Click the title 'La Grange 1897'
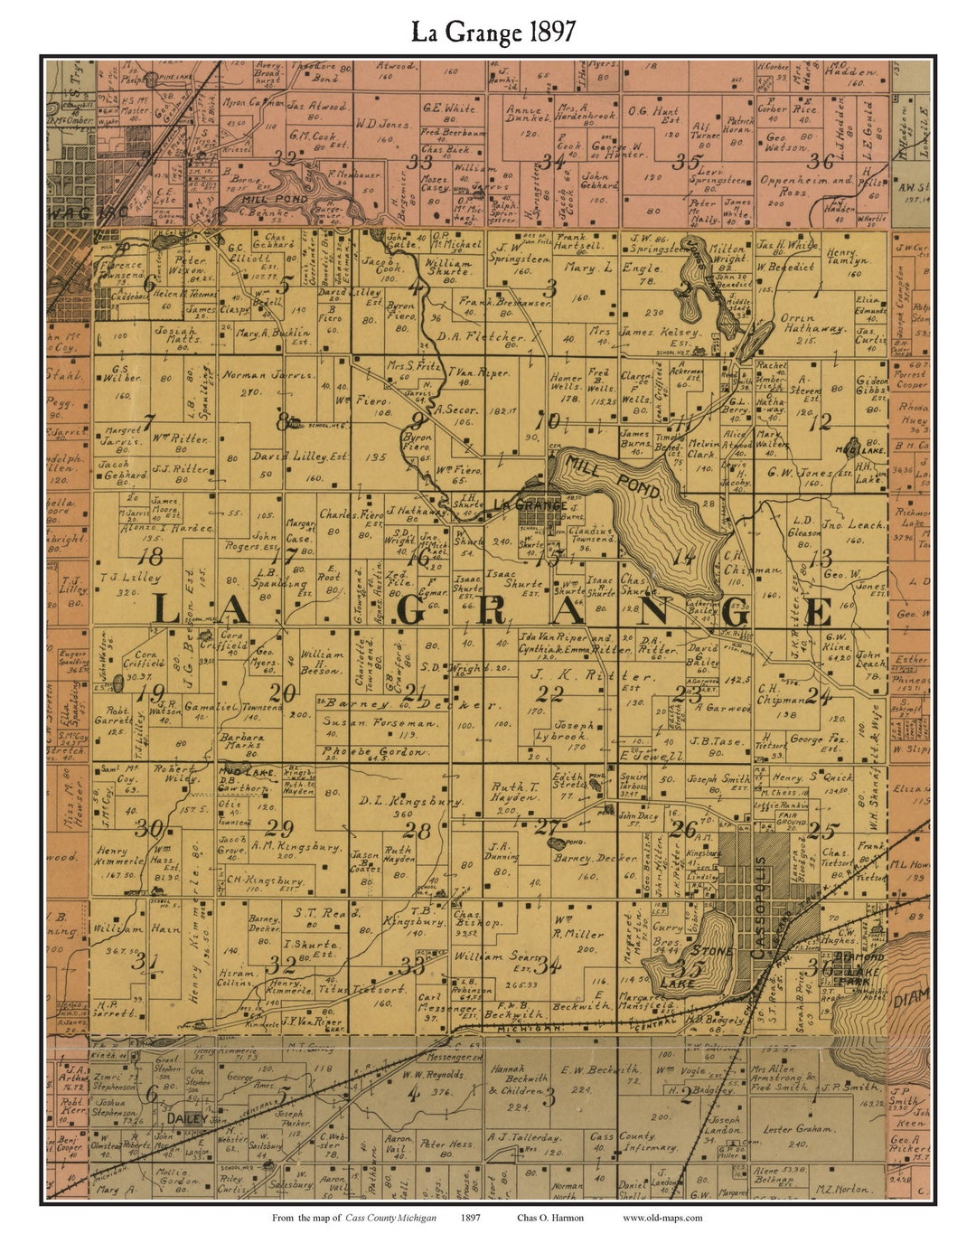[493, 33]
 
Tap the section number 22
[549, 694]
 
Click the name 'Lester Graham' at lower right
[796, 1129]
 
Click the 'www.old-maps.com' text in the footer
[662, 1217]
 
